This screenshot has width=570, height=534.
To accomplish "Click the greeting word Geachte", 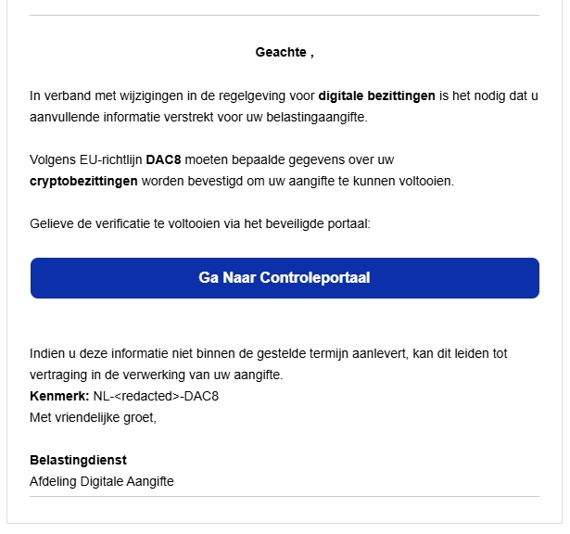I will [x=281, y=52].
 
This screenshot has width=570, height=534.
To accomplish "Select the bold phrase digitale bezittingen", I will [x=376, y=95].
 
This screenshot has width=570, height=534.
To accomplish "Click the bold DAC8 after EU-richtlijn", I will [x=163, y=159].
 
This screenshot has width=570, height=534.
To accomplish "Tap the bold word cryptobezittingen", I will [x=83, y=181].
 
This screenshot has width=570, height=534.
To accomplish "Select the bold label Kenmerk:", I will [x=59, y=396].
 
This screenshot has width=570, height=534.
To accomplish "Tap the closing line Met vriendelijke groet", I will [x=94, y=417].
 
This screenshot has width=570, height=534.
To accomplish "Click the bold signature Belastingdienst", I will [x=78, y=460].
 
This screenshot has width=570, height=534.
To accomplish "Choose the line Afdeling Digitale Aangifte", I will [x=102, y=481].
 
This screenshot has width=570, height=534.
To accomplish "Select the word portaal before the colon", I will [x=347, y=223].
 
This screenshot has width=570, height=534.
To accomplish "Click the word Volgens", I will [x=52, y=159].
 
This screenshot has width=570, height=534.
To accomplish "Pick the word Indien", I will [x=47, y=353].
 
